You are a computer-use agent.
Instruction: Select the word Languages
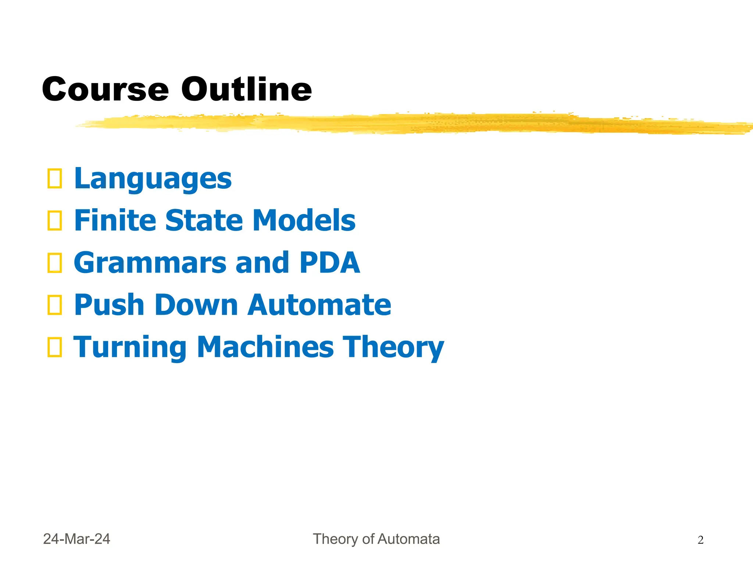coord(153,179)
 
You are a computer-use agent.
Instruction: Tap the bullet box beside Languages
coord(55,179)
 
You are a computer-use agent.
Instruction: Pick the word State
coord(204,220)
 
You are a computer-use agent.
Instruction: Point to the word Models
coord(304,220)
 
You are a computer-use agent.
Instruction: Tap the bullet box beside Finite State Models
coord(55,221)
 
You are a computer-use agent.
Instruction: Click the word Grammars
coord(150,263)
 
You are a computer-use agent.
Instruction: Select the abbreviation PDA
coord(330,263)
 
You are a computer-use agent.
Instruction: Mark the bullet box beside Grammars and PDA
coord(55,263)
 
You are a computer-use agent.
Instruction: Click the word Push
coord(109,305)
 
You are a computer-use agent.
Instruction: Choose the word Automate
coord(319,305)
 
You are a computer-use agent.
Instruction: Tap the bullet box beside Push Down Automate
coord(55,305)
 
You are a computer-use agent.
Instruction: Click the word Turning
coord(130,347)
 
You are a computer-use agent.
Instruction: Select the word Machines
coord(265,347)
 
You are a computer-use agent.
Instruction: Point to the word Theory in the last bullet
coord(393,347)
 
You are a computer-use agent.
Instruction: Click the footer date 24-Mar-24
coord(76,539)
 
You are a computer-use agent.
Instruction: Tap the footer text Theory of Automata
coord(376,539)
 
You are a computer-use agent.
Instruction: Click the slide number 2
coord(700,540)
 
